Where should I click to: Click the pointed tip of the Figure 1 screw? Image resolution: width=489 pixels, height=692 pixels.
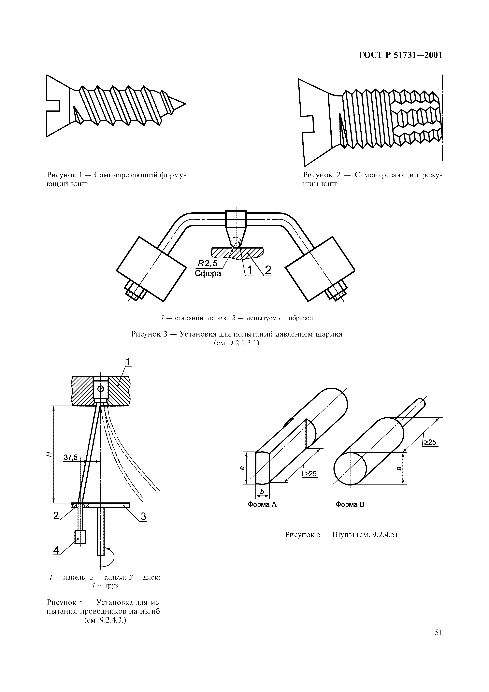[185, 104]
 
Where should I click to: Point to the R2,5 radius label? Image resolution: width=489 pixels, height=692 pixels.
[207, 263]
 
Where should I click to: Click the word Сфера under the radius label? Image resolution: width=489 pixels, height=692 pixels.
[208, 273]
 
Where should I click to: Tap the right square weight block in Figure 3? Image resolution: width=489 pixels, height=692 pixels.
[320, 269]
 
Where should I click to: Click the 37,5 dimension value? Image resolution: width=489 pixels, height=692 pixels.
[71, 457]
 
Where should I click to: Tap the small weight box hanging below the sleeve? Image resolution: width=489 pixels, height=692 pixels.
[80, 537]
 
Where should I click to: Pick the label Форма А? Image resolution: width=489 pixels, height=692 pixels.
[262, 505]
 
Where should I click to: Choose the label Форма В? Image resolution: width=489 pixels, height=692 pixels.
[350, 505]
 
